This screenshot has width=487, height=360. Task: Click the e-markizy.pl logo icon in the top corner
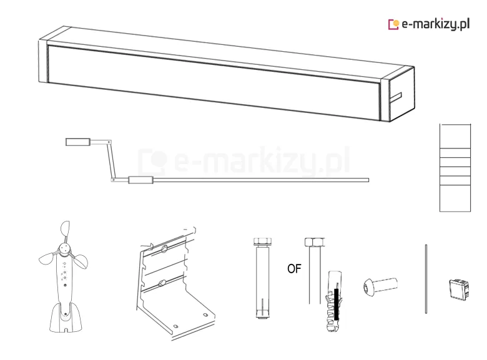(x=393, y=24)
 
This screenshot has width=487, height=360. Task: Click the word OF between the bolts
(x=294, y=269)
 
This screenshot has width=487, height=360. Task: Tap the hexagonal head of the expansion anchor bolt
(x=262, y=241)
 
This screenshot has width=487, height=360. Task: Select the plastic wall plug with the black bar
(x=334, y=301)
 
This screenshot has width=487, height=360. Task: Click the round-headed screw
(x=380, y=286)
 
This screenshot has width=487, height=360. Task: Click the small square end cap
(x=459, y=289)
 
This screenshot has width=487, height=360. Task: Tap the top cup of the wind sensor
(x=65, y=229)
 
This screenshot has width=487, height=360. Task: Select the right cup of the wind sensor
(x=81, y=261)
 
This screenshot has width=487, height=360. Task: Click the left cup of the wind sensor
(x=47, y=258)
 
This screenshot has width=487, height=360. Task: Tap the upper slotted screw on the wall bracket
(x=164, y=248)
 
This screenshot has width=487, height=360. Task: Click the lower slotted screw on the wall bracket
(x=162, y=283)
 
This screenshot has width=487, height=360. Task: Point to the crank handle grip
(x=78, y=142)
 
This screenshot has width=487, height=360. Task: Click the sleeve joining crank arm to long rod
(x=140, y=180)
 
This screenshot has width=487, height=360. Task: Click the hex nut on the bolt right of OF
(x=314, y=241)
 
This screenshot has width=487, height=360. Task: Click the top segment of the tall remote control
(x=455, y=136)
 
